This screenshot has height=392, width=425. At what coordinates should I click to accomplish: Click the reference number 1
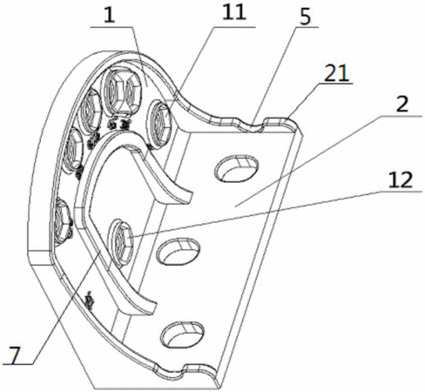click(x=110, y=15)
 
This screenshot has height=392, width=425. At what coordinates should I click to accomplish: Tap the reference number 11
click(x=234, y=12)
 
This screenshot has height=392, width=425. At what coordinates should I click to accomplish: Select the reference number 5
click(x=305, y=17)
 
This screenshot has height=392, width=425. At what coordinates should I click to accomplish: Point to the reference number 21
click(x=336, y=73)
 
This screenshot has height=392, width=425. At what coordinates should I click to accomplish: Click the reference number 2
click(x=402, y=105)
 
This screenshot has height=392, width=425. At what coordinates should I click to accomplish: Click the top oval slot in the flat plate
click(x=236, y=168)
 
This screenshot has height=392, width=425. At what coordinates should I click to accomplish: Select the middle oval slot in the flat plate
click(x=179, y=252)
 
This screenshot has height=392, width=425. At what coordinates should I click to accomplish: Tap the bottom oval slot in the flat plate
click(x=183, y=335)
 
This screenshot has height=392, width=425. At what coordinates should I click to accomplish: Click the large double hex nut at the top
click(x=121, y=91)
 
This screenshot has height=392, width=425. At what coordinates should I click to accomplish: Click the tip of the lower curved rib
click(x=155, y=308)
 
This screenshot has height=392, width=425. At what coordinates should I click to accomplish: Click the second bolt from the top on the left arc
click(x=91, y=111)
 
